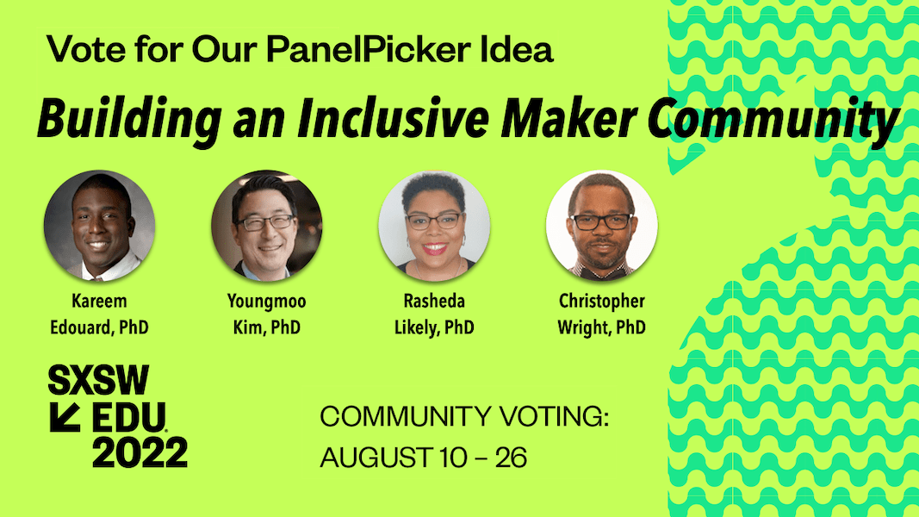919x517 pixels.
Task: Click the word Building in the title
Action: tap(129, 120)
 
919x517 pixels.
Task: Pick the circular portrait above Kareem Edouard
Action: tap(99, 226)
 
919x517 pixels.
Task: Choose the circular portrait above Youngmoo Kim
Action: tap(267, 226)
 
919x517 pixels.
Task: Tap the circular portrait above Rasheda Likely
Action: tap(434, 226)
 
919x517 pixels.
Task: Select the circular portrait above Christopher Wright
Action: tap(602, 226)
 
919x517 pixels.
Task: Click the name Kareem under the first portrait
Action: tap(99, 302)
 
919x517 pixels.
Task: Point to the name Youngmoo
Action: tap(267, 302)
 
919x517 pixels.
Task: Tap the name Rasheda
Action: tap(434, 302)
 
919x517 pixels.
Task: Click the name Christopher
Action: tap(602, 302)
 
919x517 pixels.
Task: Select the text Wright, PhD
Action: tap(602, 327)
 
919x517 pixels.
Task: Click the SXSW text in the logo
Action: tap(98, 380)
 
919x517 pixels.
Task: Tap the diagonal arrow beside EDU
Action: tap(65, 417)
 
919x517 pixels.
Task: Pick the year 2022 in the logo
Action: tap(140, 452)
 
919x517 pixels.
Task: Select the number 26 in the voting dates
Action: tap(511, 458)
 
